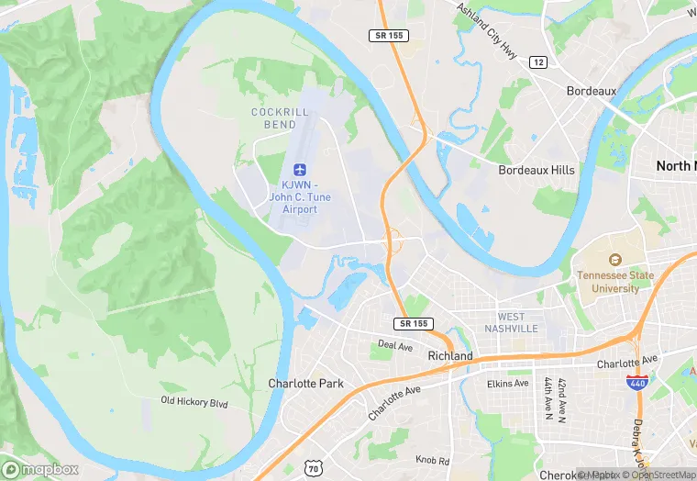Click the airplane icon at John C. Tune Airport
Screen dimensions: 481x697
(x=299, y=169)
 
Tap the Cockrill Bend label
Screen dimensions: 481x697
(x=274, y=118)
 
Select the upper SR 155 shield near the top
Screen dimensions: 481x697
(x=391, y=35)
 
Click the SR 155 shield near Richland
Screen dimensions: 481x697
(x=414, y=324)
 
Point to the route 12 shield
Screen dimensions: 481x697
(x=538, y=62)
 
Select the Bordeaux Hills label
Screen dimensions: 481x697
(x=537, y=170)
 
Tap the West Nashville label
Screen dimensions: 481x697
(x=512, y=322)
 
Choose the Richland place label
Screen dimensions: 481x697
(x=450, y=355)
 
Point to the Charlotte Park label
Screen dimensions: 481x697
(x=305, y=383)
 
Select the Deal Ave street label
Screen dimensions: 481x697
(x=396, y=346)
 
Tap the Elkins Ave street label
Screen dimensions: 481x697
(x=508, y=383)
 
